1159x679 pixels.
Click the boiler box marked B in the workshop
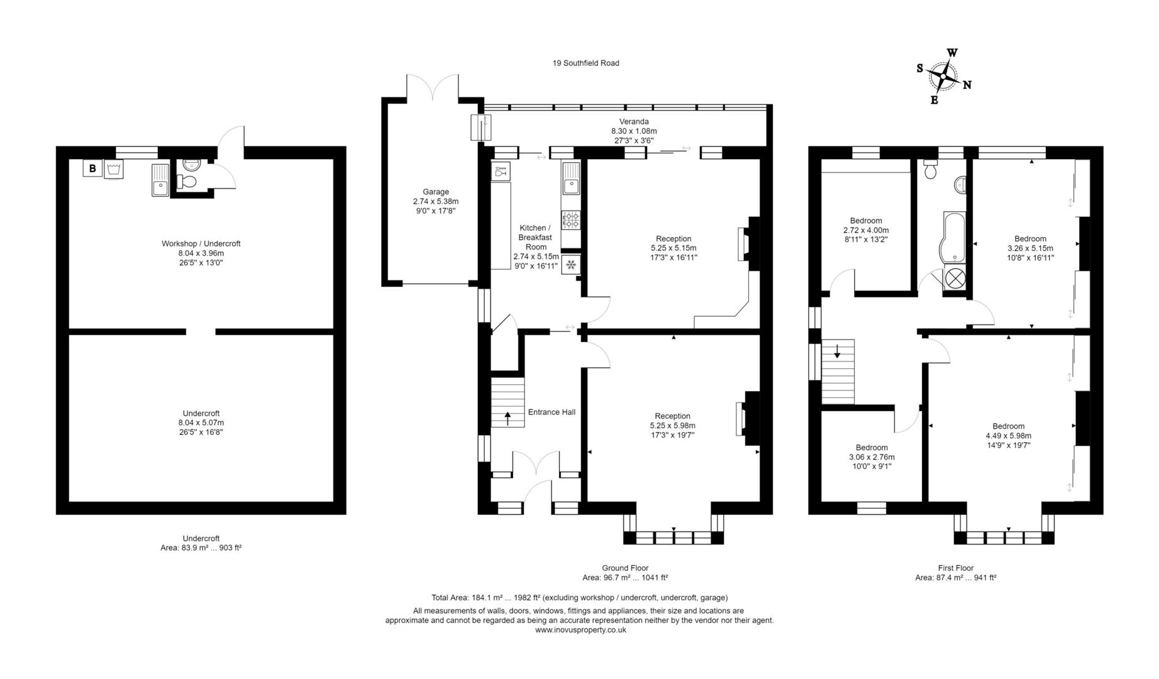click(92, 168)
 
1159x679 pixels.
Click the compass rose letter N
click(967, 85)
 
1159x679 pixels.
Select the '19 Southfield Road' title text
click(585, 63)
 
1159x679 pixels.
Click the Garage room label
click(435, 192)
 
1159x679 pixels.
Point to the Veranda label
click(634, 121)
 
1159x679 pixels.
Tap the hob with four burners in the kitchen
click(571, 220)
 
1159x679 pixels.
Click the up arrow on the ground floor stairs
click(508, 418)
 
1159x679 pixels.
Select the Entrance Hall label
click(552, 412)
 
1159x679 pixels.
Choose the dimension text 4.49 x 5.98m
click(1008, 436)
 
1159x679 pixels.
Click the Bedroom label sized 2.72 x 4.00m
click(866, 221)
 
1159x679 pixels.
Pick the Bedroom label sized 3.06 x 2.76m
click(872, 448)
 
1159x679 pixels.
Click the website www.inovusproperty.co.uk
click(580, 629)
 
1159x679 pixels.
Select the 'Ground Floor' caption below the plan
click(624, 568)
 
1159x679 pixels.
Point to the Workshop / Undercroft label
click(201, 243)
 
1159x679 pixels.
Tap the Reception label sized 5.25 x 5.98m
click(672, 416)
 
